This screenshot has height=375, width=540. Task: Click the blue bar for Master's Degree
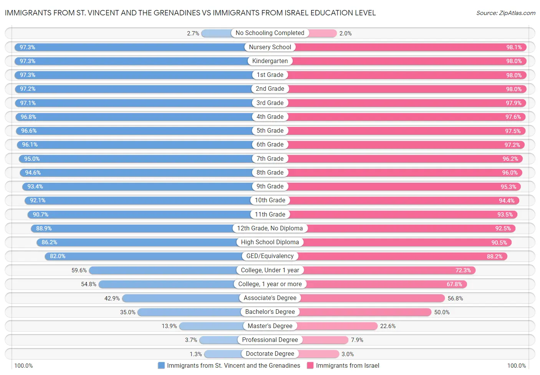point(211,326)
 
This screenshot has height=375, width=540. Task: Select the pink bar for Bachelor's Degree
point(365,312)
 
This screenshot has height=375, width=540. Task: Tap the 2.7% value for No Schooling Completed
point(193,33)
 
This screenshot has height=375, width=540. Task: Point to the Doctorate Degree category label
point(270,354)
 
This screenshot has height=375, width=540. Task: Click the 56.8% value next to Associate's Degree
point(455,298)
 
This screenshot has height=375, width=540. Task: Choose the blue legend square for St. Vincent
point(161,365)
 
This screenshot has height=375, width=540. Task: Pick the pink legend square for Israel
point(310,365)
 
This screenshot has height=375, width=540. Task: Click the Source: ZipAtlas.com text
point(505,13)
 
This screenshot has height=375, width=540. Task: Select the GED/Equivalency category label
point(270,256)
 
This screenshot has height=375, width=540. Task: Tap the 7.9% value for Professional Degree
point(357,340)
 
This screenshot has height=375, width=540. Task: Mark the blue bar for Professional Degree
point(219,340)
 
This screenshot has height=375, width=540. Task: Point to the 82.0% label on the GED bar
point(58,256)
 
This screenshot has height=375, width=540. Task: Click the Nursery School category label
point(270,47)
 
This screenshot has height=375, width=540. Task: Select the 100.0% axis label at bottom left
point(23,365)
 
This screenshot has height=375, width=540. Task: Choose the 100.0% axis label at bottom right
point(516,365)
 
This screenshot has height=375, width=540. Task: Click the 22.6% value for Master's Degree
point(388,326)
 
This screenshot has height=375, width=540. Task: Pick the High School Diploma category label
point(270,242)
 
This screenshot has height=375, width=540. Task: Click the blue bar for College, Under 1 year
point(161,270)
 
